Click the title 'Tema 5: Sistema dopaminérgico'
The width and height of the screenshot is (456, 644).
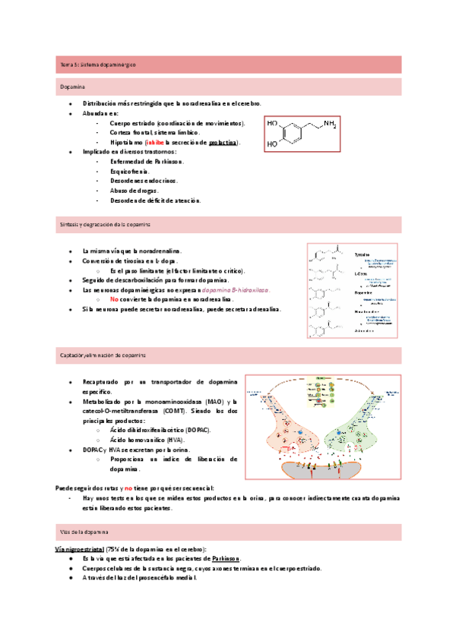pos(97,65)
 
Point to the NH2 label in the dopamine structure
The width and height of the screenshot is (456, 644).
pos(329,122)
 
